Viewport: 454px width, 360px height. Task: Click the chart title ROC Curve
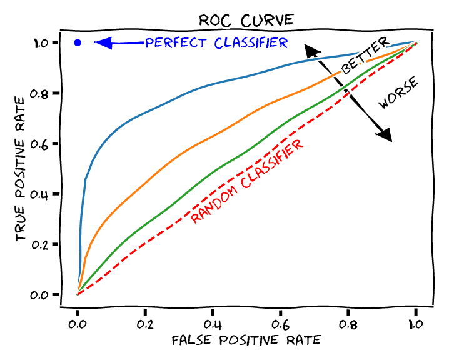point(245,19)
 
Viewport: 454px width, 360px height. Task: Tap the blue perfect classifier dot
point(78,43)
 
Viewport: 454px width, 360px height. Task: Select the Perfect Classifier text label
point(216,43)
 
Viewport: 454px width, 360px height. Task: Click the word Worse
point(398,94)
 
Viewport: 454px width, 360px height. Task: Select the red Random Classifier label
point(248,181)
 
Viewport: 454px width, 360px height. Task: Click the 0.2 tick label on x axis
point(145,324)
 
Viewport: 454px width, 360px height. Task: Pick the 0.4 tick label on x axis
point(213,324)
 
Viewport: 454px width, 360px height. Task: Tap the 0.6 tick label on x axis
point(280,324)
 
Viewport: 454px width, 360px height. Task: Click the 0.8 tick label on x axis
point(348,324)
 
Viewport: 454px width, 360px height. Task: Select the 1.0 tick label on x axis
point(415,324)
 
